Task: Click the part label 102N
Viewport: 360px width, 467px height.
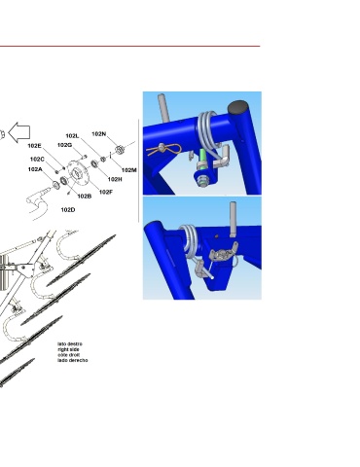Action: (99, 133)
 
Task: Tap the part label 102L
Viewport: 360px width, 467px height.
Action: (72, 136)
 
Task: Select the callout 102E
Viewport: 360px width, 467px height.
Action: (34, 146)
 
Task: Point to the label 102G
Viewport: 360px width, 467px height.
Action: (64, 145)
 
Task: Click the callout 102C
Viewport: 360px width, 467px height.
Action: (37, 160)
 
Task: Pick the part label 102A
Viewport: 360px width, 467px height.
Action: (35, 169)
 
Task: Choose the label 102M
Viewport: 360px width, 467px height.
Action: (129, 170)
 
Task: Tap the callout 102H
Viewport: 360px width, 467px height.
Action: (115, 179)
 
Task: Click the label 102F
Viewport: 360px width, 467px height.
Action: (106, 192)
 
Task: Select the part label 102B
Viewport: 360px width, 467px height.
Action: (85, 197)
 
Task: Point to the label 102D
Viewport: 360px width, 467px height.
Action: (68, 210)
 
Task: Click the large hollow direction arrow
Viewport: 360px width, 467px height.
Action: (19, 132)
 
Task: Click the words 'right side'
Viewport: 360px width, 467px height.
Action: (68, 349)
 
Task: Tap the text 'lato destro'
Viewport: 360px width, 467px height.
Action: (70, 344)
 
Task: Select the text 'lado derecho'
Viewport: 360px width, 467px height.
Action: (73, 360)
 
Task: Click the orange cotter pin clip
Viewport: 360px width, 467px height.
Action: (163, 150)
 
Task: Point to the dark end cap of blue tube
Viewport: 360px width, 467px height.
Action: (237, 107)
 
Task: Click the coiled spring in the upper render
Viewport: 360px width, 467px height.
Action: (208, 130)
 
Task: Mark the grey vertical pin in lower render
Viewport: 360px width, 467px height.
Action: (233, 219)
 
